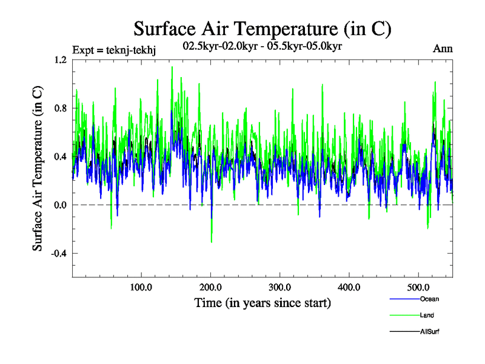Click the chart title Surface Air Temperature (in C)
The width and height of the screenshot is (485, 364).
click(x=263, y=29)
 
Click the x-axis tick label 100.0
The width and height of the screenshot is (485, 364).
click(x=141, y=287)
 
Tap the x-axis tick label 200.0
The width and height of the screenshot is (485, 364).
click(x=211, y=287)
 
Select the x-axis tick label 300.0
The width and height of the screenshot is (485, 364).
click(x=280, y=287)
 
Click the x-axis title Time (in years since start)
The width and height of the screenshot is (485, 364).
click(x=263, y=303)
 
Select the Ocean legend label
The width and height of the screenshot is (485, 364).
click(x=429, y=299)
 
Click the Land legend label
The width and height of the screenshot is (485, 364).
click(x=427, y=315)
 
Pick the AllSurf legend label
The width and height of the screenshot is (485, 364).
click(x=430, y=332)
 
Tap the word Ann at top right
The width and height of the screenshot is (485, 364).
click(x=443, y=49)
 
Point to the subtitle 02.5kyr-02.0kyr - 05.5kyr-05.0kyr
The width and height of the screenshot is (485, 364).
click(x=263, y=46)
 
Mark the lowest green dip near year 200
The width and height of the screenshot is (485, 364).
click(x=212, y=241)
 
